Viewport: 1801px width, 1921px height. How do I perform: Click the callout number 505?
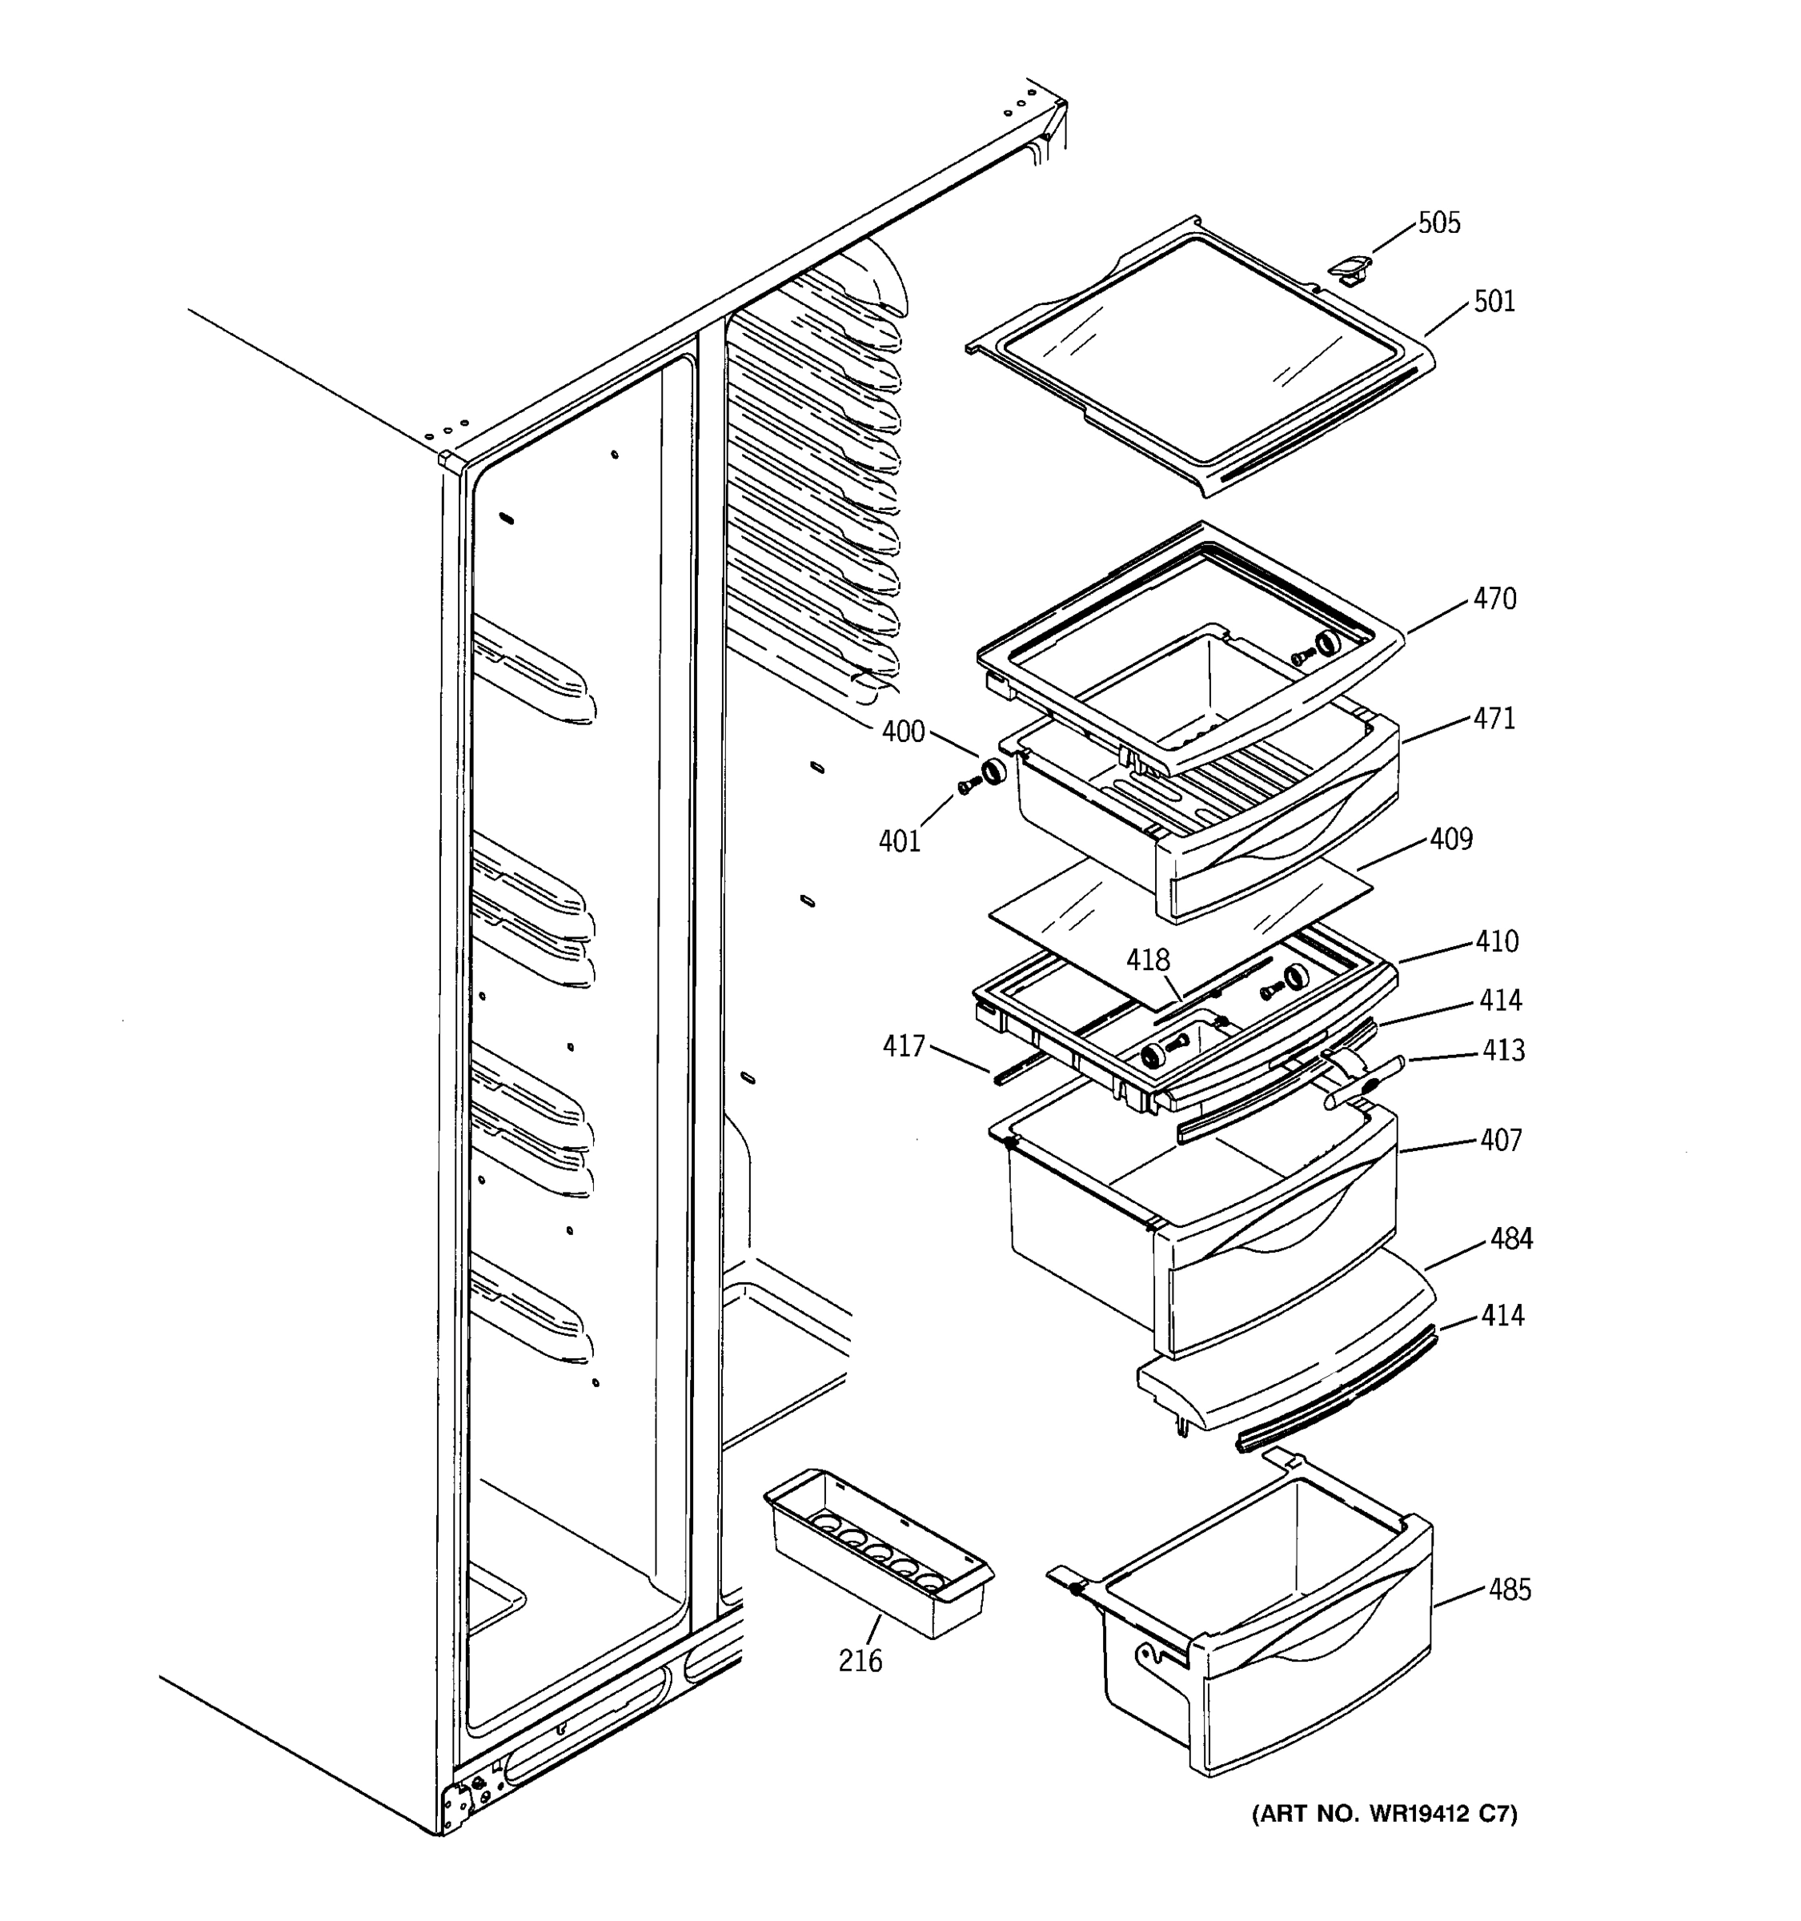tap(1438, 223)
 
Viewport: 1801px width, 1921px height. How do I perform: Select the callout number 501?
tap(1494, 302)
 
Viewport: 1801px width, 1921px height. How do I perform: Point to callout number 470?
tap(1494, 599)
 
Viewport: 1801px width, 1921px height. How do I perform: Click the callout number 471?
tap(1494, 719)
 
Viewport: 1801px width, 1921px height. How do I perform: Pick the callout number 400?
tap(902, 732)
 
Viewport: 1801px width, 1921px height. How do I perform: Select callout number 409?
tap(1451, 839)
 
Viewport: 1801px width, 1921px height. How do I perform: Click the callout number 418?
tap(1148, 960)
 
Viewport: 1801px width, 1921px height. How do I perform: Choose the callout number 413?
tap(1503, 1050)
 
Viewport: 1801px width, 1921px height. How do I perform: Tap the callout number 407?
tap(1501, 1141)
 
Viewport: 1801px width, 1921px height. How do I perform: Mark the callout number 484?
tap(1511, 1239)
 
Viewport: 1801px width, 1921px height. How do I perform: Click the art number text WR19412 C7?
tap(1385, 1815)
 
